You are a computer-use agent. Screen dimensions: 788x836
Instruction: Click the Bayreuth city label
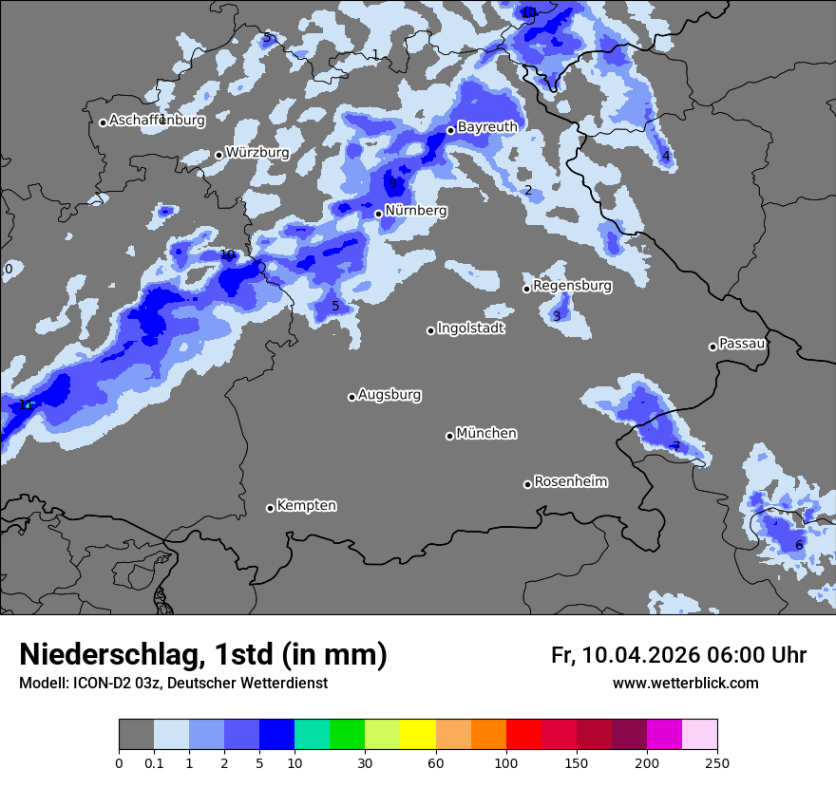click(487, 126)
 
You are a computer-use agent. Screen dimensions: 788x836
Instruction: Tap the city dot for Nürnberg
click(378, 214)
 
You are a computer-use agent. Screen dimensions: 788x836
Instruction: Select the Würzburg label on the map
click(257, 152)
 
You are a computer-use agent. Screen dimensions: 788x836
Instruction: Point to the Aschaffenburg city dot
click(103, 122)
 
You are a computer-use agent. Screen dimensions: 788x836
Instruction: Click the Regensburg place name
click(572, 285)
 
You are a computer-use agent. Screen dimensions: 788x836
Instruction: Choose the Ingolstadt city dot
click(430, 330)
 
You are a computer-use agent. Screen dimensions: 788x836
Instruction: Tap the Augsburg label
click(389, 394)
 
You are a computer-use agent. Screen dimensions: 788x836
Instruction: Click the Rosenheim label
click(570, 481)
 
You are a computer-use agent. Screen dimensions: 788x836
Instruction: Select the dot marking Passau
click(712, 347)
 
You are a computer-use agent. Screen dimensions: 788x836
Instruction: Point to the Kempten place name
click(306, 505)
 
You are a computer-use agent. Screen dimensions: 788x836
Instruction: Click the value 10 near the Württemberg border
click(227, 254)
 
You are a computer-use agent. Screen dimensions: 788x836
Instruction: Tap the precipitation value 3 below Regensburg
click(557, 315)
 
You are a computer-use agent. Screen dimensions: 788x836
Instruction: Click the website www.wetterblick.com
click(685, 683)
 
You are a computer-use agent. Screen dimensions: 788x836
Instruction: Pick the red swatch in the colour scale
click(523, 735)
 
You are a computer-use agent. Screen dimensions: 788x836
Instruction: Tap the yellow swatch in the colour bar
click(418, 735)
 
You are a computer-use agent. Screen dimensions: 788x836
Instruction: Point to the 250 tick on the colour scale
click(717, 762)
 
